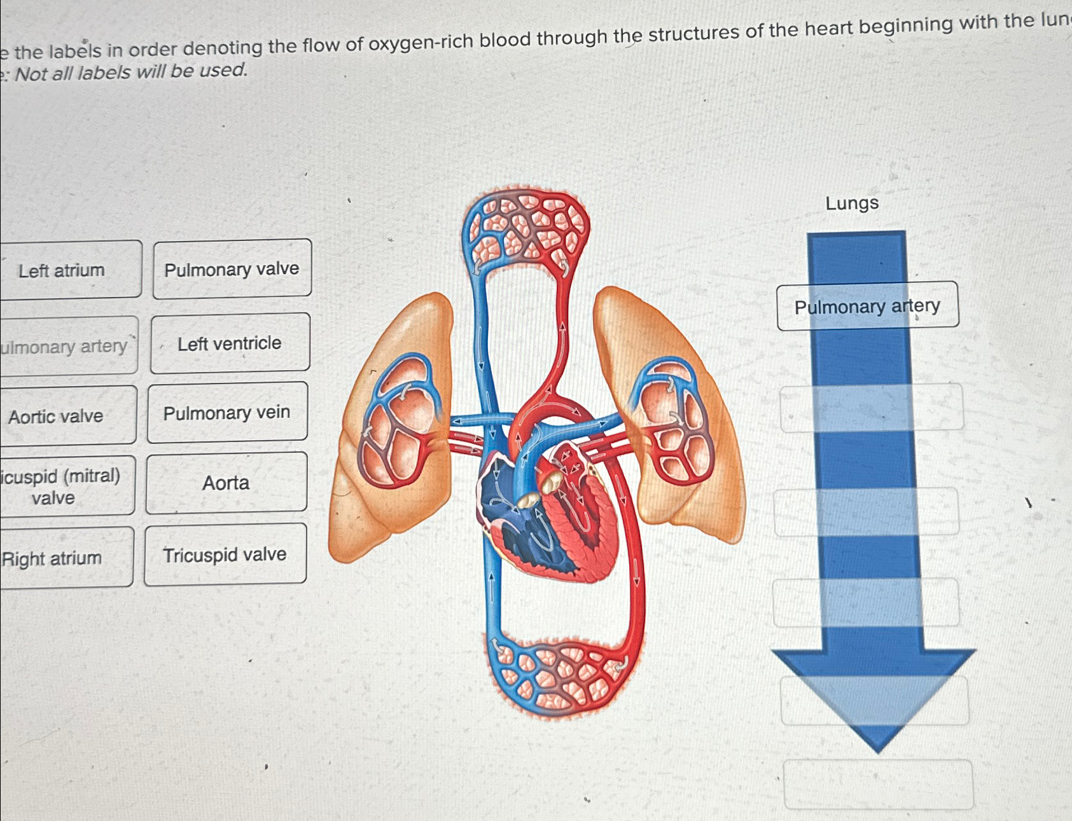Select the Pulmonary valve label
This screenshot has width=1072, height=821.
click(232, 269)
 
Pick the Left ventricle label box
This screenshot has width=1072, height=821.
click(230, 343)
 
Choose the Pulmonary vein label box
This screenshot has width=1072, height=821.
click(227, 413)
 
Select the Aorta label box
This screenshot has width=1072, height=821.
click(226, 483)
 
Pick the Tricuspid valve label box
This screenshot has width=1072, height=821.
click(225, 555)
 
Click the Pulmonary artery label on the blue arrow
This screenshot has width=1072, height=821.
click(867, 306)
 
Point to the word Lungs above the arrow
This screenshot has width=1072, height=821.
click(852, 204)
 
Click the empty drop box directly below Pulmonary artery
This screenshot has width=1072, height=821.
click(872, 408)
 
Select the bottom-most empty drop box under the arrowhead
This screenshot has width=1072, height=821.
click(878, 784)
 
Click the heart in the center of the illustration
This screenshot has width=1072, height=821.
click(547, 515)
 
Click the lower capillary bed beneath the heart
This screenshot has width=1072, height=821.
click(560, 677)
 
